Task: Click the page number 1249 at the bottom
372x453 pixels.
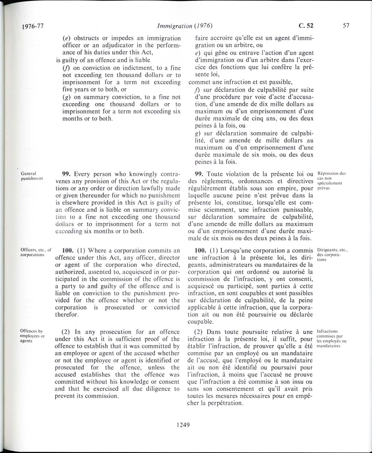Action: (183, 425)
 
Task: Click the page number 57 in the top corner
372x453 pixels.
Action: (346, 26)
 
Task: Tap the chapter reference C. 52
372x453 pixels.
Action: (306, 26)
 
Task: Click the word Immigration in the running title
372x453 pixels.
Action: (175, 26)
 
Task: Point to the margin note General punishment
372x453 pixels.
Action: (32, 176)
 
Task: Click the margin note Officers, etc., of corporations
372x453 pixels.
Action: (35, 252)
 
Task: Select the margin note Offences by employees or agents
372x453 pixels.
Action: (32, 336)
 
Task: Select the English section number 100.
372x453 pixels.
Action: (68, 251)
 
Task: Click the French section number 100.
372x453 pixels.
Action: (200, 251)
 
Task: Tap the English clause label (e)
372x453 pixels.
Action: (66, 38)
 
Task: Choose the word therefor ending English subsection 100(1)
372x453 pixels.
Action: (66, 315)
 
